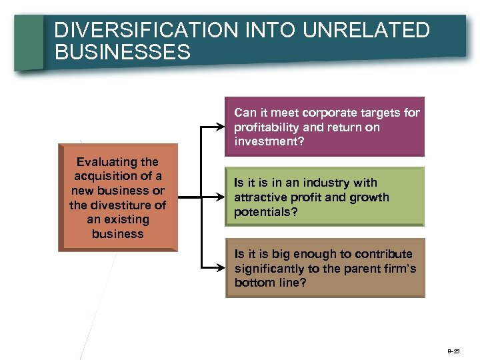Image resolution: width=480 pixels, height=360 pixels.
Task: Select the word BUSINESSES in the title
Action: [123, 53]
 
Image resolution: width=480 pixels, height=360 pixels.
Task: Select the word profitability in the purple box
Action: [265, 127]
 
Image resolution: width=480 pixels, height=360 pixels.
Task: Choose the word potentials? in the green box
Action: [265, 212]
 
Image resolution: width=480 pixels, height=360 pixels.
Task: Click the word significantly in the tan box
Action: [271, 268]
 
